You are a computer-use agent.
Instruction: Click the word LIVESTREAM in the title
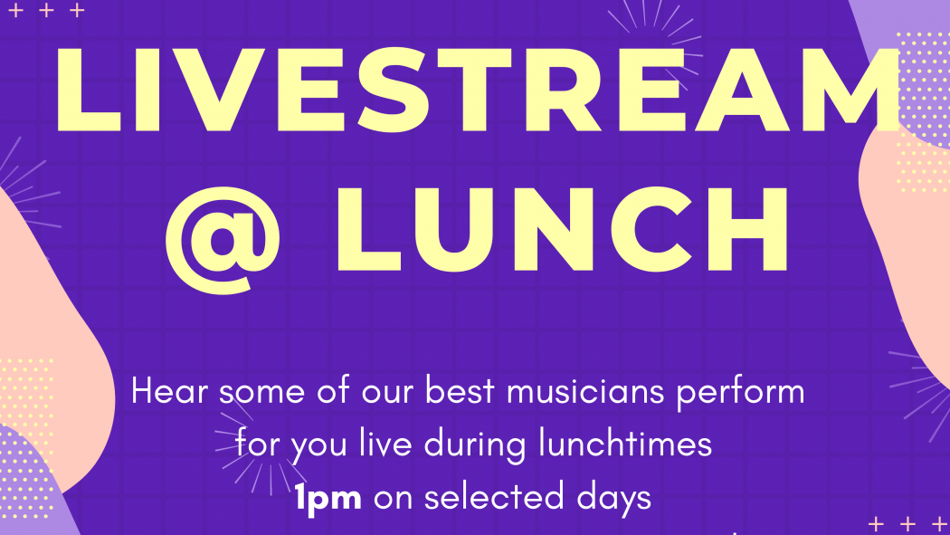pyautogui.click(x=477, y=90)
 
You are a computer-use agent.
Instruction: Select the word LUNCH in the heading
pyautogui.click(x=562, y=229)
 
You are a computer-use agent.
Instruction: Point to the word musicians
pyautogui.click(x=585, y=392)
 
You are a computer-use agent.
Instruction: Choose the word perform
pyautogui.click(x=740, y=394)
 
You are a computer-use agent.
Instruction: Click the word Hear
pyautogui.click(x=170, y=392)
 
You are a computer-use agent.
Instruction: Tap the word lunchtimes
pyautogui.click(x=625, y=444)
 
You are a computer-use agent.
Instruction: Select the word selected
pyautogui.click(x=493, y=498)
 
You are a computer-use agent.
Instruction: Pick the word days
pyautogui.click(x=613, y=500)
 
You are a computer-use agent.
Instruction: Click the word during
pyautogui.click(x=475, y=446)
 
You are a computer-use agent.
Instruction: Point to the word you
pyautogui.click(x=318, y=448)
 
